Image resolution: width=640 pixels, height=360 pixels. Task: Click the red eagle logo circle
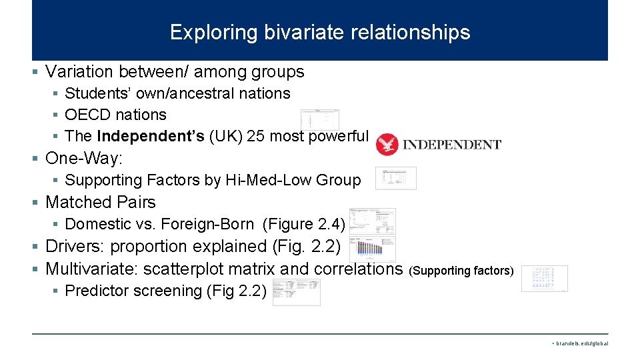coord(387,144)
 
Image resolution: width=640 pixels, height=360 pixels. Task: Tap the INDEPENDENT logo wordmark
coord(453,144)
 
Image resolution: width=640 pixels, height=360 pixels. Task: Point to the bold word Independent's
coord(151,136)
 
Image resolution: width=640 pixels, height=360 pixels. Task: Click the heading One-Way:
coord(84,158)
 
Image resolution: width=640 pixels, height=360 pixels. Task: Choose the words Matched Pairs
coord(100,202)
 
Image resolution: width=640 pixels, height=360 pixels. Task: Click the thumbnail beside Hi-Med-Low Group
coord(395,178)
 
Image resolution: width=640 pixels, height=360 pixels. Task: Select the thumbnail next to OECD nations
coord(320,119)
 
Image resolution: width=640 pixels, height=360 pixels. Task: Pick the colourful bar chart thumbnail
coord(372,249)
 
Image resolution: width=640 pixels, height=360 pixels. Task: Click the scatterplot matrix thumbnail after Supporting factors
coord(545,278)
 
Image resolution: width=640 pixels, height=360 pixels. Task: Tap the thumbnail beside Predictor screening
coord(296,292)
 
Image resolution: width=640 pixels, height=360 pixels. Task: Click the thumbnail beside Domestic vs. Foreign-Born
coord(372,221)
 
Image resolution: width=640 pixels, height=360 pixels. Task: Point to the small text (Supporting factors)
coord(461,271)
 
